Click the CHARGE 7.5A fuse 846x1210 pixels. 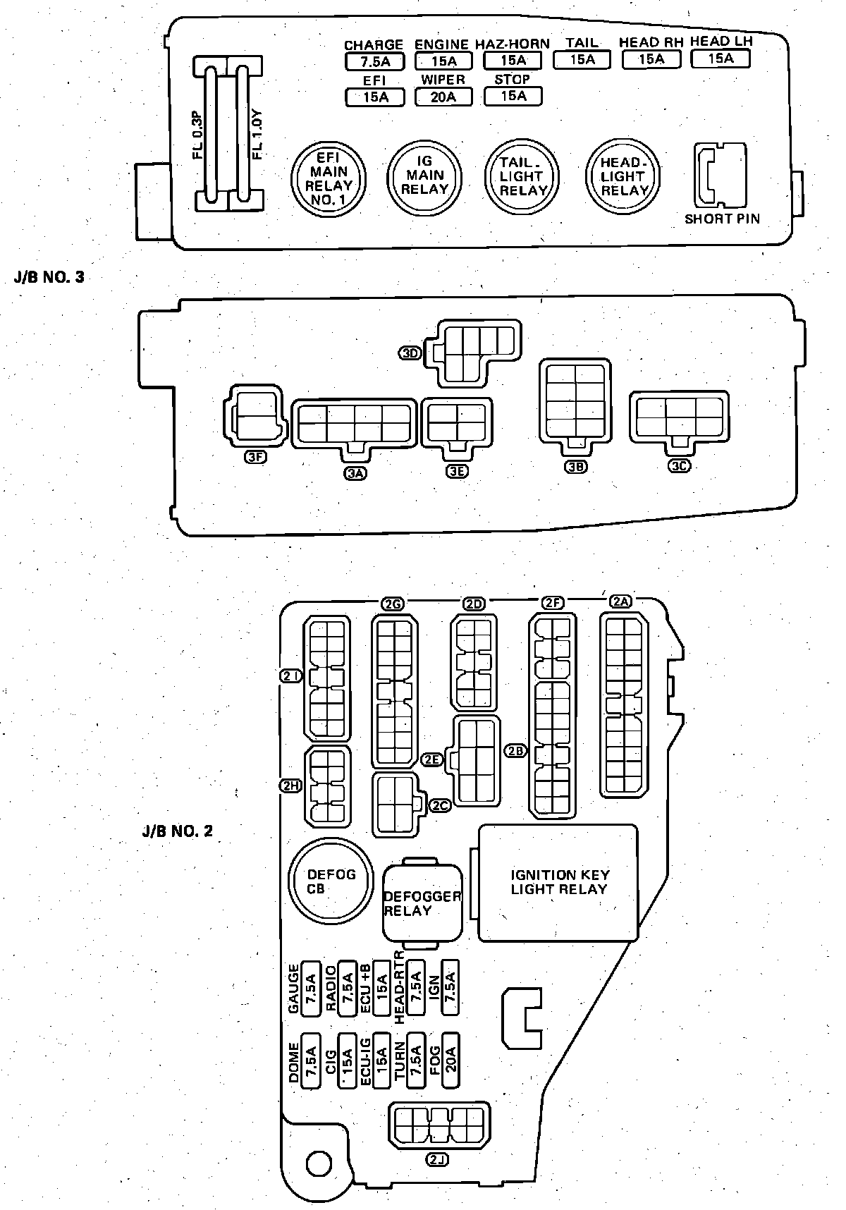point(374,61)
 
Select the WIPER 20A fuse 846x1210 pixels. point(443,96)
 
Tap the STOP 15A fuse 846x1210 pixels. point(513,95)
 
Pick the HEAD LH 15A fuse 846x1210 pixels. point(720,59)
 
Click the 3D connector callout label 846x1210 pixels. point(410,353)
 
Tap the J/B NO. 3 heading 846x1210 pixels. point(49,277)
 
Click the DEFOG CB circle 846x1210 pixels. point(331,881)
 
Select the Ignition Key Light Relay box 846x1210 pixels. point(559,883)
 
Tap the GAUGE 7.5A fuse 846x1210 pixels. point(311,989)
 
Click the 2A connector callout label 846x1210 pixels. point(620,601)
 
